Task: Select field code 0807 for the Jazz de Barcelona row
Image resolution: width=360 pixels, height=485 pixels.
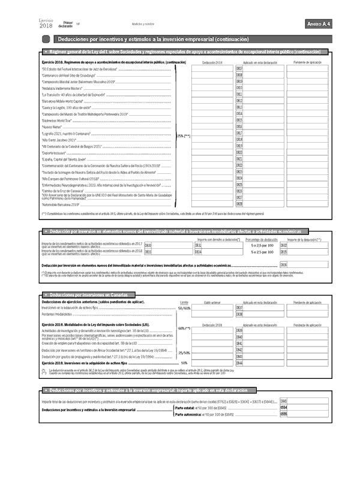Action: click(x=239, y=70)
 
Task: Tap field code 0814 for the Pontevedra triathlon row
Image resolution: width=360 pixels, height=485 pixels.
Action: click(x=239, y=113)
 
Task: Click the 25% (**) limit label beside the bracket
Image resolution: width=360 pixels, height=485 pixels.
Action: click(x=183, y=136)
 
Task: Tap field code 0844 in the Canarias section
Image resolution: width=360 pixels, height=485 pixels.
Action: click(x=239, y=363)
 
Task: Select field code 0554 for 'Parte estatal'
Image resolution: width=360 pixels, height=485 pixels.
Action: click(x=284, y=407)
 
